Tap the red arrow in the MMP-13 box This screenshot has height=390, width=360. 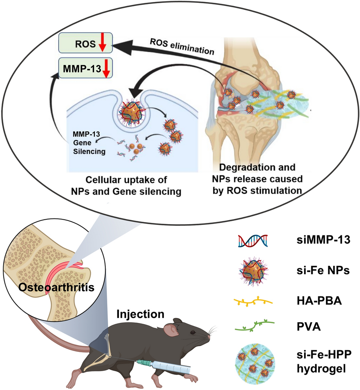click(x=106, y=68)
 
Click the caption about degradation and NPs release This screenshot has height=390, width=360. click(x=258, y=179)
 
